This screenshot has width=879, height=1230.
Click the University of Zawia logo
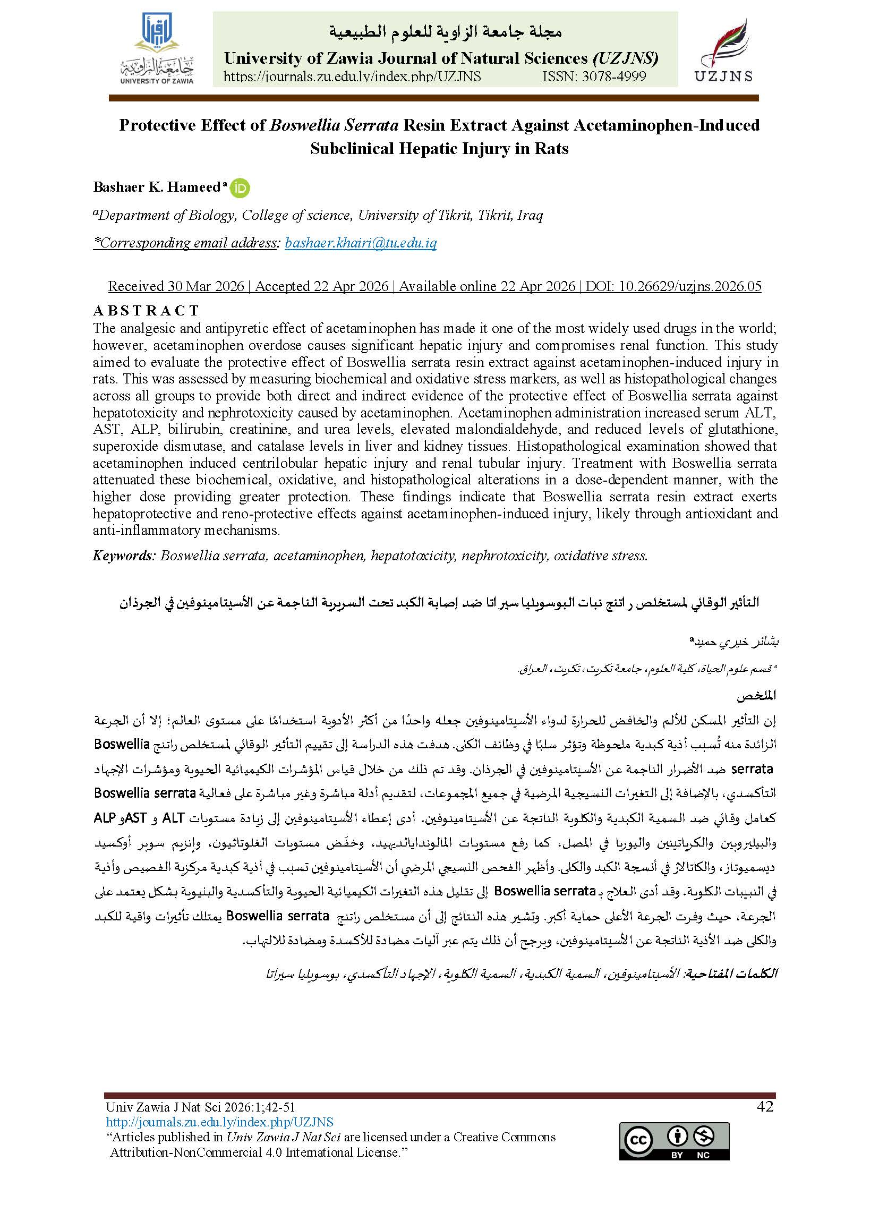[157, 48]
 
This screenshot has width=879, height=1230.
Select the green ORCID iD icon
[240, 188]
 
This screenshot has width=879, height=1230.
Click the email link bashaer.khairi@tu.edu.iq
[361, 243]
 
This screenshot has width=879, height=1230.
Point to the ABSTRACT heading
[146, 311]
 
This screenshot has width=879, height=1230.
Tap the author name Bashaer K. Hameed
[157, 187]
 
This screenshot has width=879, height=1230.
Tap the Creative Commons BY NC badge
[674, 1141]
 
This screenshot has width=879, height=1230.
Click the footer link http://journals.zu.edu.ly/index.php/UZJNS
[219, 1122]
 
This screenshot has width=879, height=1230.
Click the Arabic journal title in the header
[445, 32]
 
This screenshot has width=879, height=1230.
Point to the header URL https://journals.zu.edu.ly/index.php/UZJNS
[352, 77]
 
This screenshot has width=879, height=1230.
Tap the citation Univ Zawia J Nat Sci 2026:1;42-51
[200, 1107]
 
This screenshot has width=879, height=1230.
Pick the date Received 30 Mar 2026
[176, 286]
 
